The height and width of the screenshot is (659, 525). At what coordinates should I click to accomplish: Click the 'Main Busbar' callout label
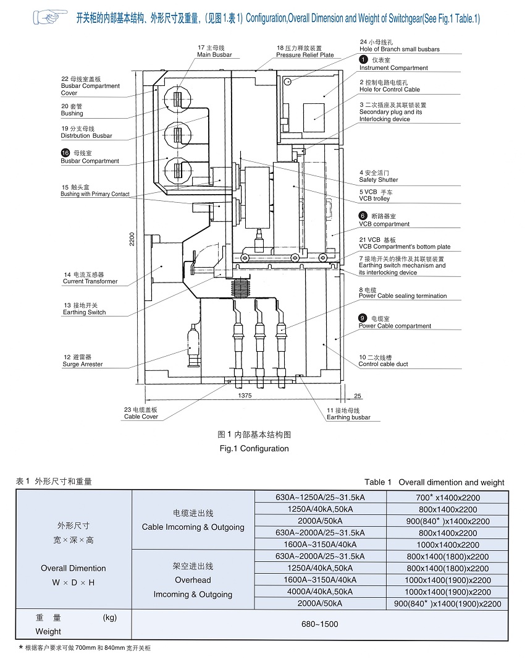(214, 54)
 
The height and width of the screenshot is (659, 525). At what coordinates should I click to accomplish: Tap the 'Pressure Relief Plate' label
(305, 55)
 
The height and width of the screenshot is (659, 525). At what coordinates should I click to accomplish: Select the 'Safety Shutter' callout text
(379, 180)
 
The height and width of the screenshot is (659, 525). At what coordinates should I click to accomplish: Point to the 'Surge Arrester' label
(82, 364)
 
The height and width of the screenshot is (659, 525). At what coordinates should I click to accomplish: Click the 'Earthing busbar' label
(348, 417)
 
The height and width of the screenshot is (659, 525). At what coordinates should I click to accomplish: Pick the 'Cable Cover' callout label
(141, 417)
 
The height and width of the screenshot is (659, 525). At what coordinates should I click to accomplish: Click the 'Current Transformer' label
(90, 281)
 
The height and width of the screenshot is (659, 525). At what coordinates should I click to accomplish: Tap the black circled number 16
(65, 153)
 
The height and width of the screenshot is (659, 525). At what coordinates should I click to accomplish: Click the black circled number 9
(363, 318)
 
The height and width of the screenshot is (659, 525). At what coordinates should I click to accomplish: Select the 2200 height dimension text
(132, 239)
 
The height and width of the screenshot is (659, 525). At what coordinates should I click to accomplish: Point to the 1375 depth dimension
(245, 396)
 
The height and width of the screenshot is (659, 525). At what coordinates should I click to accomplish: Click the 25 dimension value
(358, 396)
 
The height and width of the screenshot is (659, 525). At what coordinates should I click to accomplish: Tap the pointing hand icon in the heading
(50, 17)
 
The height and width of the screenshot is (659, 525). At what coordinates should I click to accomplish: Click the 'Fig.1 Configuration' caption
(254, 448)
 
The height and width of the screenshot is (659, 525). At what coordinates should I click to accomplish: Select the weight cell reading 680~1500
(319, 624)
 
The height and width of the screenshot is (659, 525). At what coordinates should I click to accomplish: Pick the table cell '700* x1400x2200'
(448, 498)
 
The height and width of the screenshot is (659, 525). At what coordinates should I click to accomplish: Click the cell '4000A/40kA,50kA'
(320, 592)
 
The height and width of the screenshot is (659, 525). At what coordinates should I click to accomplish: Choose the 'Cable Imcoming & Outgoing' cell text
(193, 527)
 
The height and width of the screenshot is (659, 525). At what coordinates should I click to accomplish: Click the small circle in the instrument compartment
(288, 81)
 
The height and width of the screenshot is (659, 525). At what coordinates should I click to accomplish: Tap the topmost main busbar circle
(177, 99)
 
